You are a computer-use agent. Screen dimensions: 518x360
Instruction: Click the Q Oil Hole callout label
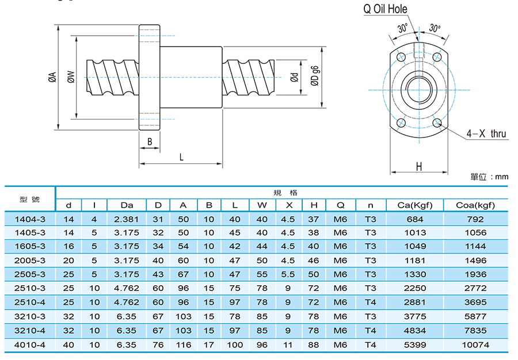tap(385, 9)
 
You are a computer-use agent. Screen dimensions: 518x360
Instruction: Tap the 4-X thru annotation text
tap(486, 133)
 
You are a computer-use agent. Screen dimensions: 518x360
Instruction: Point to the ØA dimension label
tap(52, 77)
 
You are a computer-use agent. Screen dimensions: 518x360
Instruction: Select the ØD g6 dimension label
tap(315, 76)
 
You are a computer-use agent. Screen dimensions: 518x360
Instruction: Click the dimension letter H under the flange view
tap(419, 167)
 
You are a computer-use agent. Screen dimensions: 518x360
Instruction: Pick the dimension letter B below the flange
tap(150, 142)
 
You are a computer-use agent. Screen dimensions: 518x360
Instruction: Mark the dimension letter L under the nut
tap(181, 157)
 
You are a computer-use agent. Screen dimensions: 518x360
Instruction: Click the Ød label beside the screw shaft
tap(294, 77)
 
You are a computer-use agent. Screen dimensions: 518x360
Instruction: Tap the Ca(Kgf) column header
tap(415, 205)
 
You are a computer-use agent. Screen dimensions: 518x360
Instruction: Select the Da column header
tap(127, 205)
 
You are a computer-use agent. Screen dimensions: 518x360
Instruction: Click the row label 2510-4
tap(30, 302)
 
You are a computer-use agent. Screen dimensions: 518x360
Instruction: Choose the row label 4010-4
tap(30, 345)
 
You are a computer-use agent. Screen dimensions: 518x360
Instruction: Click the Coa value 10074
tap(475, 345)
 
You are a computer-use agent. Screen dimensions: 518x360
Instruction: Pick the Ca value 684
tap(415, 220)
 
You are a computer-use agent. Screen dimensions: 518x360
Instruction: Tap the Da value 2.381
tap(127, 220)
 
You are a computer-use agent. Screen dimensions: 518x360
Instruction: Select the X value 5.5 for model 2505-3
tap(288, 274)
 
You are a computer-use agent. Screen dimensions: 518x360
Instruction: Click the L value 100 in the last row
tap(235, 345)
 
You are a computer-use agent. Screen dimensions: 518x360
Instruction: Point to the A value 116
tap(184, 345)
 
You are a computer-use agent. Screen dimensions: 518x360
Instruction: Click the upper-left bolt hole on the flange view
tap(401, 57)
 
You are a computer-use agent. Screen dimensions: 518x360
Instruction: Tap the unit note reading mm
tap(501, 177)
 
